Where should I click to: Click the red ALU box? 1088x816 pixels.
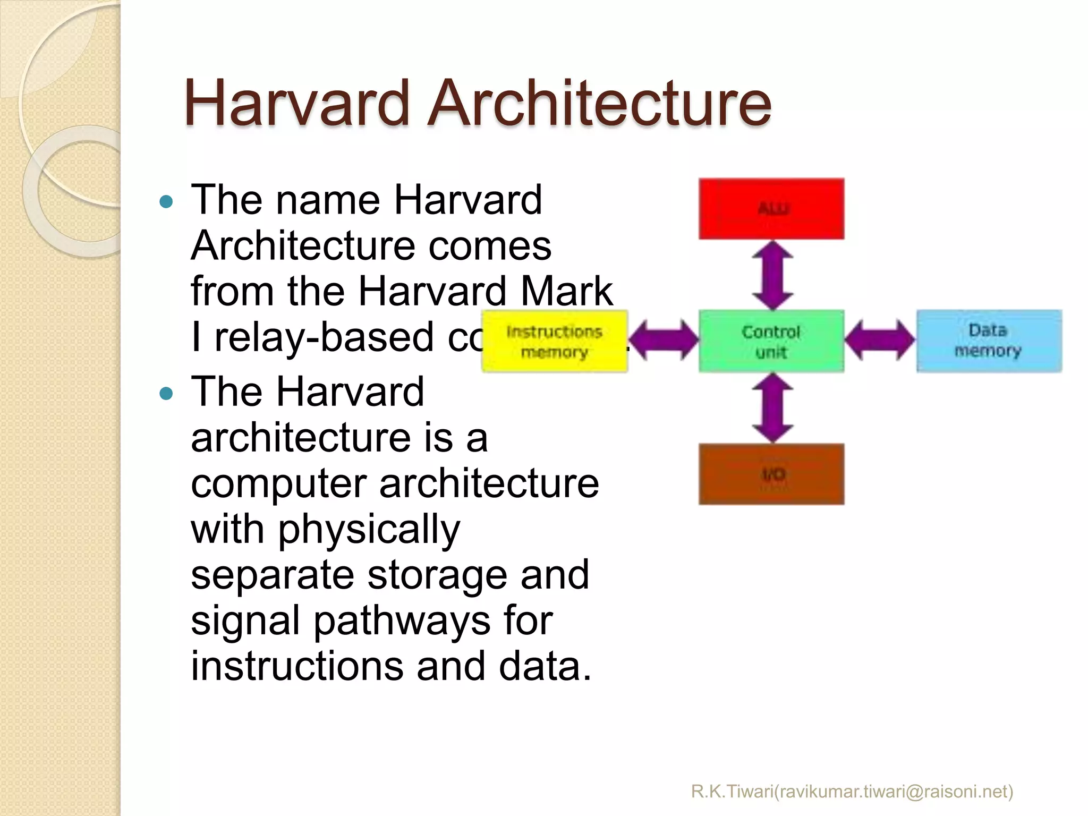pyautogui.click(x=771, y=209)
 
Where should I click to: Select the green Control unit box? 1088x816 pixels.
pyautogui.click(x=771, y=341)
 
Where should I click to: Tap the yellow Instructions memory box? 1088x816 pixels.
pyautogui.click(x=554, y=341)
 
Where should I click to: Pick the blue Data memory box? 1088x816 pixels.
pyautogui.click(x=989, y=341)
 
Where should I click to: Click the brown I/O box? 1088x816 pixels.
pyautogui.click(x=771, y=474)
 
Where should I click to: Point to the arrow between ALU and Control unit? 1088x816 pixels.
pyautogui.click(x=772, y=275)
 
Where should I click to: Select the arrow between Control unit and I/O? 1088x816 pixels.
pyautogui.click(x=772, y=407)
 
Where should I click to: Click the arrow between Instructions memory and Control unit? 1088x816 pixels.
pyautogui.click(x=664, y=340)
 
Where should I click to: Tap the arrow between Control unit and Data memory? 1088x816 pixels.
pyautogui.click(x=880, y=340)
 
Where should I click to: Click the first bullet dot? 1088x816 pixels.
pyautogui.click(x=166, y=202)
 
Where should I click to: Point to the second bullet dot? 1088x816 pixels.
pyautogui.click(x=166, y=394)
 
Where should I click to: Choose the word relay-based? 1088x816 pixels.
pyautogui.click(x=324, y=337)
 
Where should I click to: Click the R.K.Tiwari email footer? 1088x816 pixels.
pyautogui.click(x=852, y=791)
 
